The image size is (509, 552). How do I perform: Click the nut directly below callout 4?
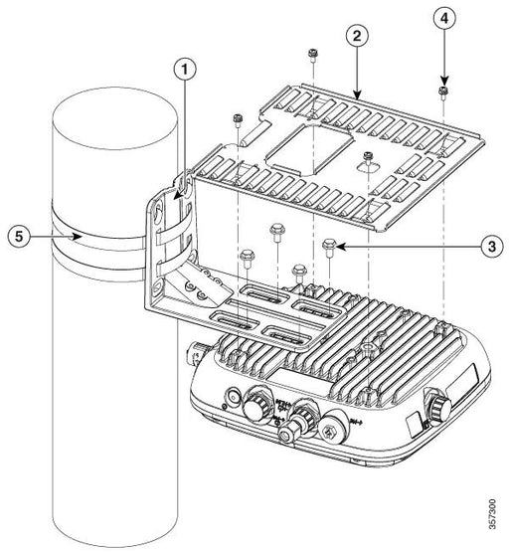(x=441, y=92)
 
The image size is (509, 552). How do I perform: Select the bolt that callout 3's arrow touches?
(x=329, y=245)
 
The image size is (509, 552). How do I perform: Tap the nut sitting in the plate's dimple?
(x=369, y=156)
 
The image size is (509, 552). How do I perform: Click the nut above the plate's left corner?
(x=239, y=120)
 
